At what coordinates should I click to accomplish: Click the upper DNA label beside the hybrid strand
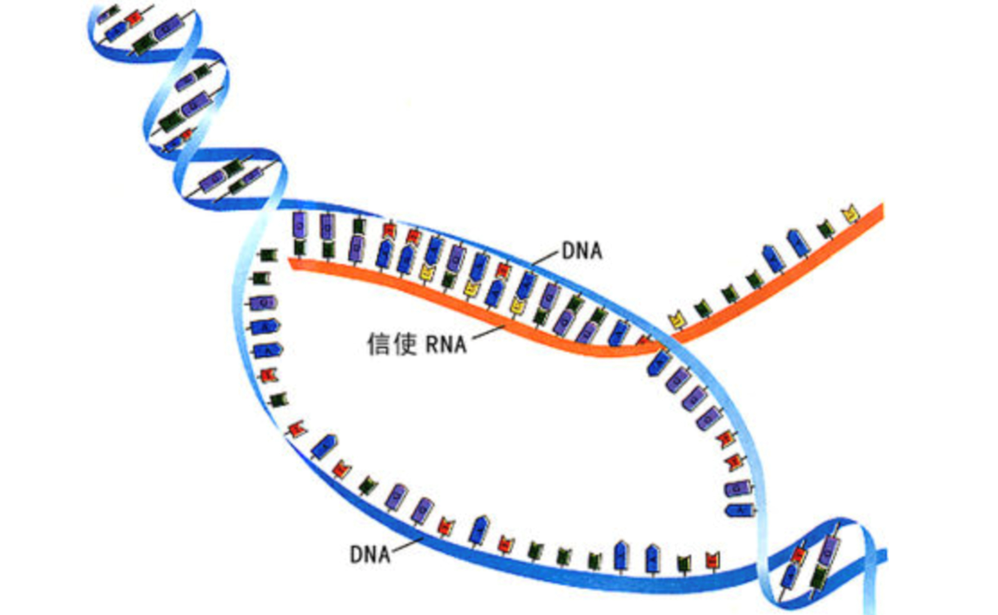point(581,251)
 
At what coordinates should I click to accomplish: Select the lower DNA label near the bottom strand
point(370,555)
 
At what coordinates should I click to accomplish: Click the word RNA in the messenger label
point(446,345)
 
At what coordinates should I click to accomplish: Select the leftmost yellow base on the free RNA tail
point(677,319)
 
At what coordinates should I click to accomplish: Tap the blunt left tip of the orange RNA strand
point(292,263)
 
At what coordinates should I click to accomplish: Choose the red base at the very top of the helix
point(133,18)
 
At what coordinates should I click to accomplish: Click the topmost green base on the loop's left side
point(268,255)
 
